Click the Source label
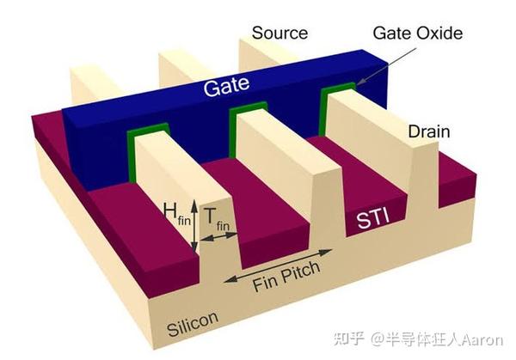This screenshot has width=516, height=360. [279, 33]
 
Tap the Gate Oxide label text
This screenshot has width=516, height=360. [418, 34]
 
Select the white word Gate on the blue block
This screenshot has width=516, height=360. [226, 86]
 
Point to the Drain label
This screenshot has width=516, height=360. [429, 131]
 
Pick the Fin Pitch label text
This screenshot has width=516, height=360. [286, 277]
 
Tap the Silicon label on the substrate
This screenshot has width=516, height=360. [193, 323]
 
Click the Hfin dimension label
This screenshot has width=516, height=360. [177, 213]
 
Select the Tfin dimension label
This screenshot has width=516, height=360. [217, 219]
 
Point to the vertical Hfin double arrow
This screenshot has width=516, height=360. [194, 226]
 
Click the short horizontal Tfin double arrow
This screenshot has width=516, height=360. [218, 236]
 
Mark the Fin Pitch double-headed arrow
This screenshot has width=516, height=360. [278, 265]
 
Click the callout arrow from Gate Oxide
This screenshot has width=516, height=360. [386, 67]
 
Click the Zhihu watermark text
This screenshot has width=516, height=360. [349, 339]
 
